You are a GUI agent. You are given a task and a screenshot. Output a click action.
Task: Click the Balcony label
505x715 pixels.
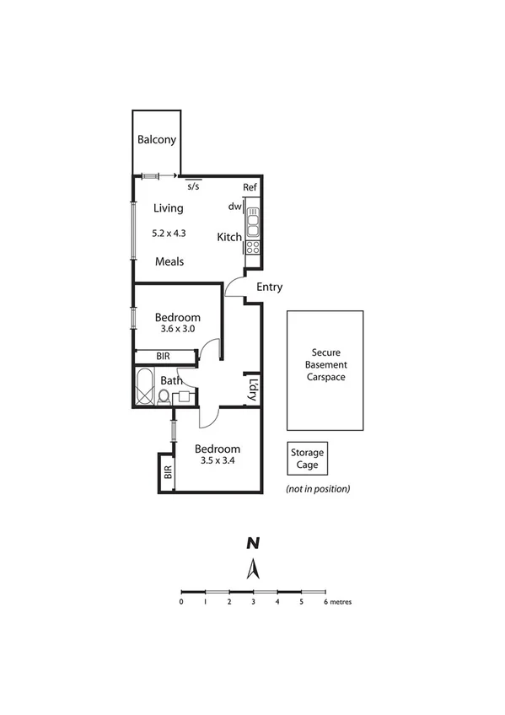pyautogui.click(x=157, y=140)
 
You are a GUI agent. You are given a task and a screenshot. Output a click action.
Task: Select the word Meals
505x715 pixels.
pyautogui.click(x=169, y=261)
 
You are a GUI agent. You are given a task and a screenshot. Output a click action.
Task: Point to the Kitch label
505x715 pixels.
pyautogui.click(x=229, y=238)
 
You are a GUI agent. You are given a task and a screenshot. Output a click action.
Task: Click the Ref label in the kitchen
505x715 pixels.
pyautogui.click(x=250, y=187)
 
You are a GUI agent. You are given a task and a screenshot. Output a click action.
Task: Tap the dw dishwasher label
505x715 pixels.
pyautogui.click(x=234, y=207)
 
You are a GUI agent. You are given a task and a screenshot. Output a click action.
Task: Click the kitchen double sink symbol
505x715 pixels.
pyautogui.click(x=252, y=222)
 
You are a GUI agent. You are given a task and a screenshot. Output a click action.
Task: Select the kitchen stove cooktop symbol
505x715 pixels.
pyautogui.click(x=252, y=246)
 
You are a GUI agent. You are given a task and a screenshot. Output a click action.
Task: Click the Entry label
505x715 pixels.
pyautogui.click(x=269, y=287)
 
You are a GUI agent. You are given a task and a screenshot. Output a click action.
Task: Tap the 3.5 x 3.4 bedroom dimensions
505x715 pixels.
pyautogui.click(x=217, y=461)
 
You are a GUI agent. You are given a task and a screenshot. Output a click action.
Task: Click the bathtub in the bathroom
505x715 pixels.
pyautogui.click(x=145, y=386)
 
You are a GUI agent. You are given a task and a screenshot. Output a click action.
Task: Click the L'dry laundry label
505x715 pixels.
pyautogui.click(x=253, y=389)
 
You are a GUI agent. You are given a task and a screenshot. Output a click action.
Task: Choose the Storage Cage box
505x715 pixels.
pyautogui.click(x=307, y=459)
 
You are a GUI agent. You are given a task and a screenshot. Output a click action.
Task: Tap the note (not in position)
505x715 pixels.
pyautogui.click(x=318, y=488)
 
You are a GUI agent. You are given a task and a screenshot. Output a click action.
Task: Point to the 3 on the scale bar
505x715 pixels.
pyautogui.click(x=253, y=602)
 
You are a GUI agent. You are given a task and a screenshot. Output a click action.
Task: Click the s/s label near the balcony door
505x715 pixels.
pyautogui.click(x=193, y=186)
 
